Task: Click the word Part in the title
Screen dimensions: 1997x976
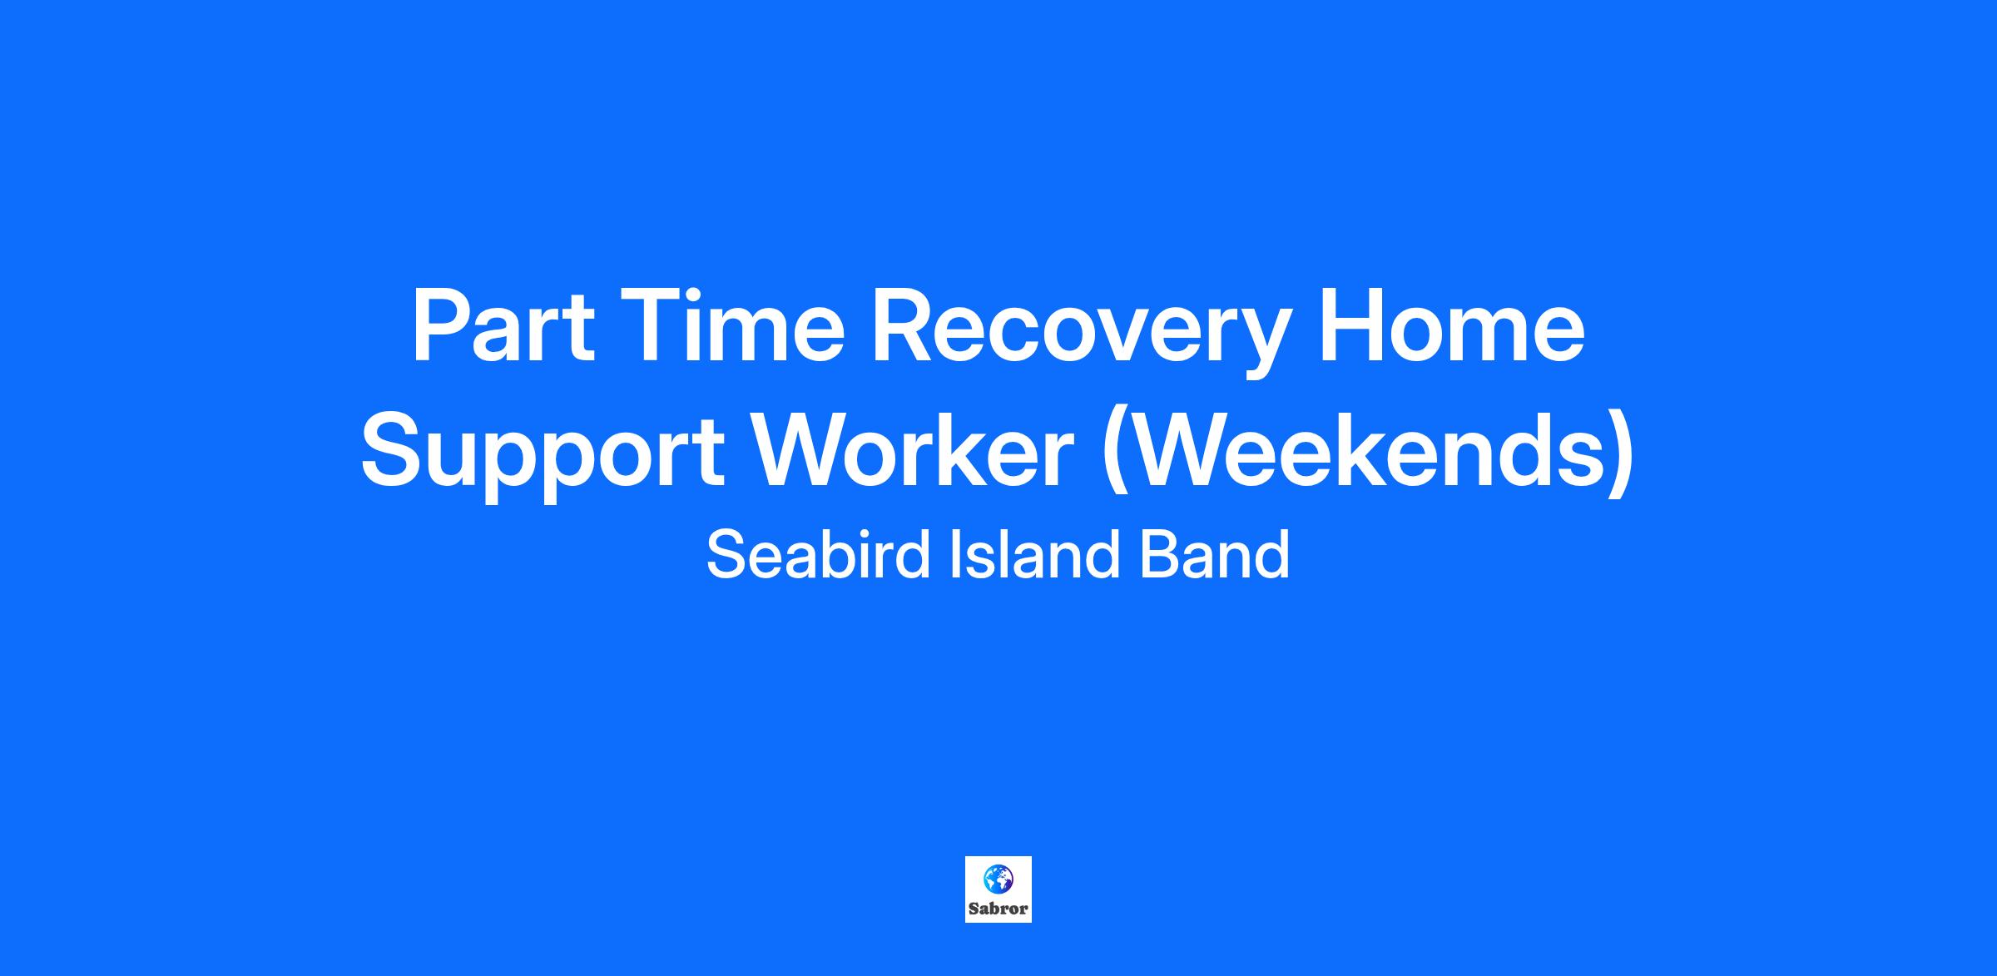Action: point(503,325)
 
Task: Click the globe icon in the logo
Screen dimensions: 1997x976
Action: point(998,879)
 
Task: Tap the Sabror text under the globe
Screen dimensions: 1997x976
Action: point(998,909)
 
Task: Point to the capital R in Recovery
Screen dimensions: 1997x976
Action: point(904,325)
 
